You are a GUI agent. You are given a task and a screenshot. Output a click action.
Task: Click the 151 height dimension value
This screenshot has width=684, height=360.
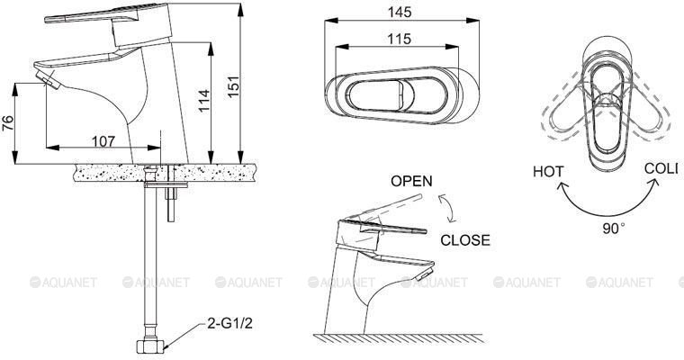pos(234,86)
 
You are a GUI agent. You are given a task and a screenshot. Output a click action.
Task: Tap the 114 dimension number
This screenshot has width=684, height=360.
pos(203,101)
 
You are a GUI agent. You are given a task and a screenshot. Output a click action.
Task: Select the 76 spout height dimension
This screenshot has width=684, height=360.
pos(8,123)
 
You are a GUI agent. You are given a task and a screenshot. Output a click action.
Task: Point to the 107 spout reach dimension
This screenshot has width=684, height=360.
pos(103,141)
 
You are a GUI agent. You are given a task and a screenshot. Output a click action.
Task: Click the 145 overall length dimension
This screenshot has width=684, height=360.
pos(400,13)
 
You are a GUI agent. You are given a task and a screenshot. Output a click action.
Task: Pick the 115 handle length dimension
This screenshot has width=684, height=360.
pos(399,39)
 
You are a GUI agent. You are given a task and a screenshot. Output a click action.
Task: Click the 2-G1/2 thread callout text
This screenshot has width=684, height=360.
pos(229,323)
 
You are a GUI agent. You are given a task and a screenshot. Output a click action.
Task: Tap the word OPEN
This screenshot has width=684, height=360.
pos(411,181)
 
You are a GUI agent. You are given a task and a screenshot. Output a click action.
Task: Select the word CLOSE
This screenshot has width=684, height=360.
pos(465,240)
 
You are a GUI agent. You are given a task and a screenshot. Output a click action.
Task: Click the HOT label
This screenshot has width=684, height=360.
pos(548,171)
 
